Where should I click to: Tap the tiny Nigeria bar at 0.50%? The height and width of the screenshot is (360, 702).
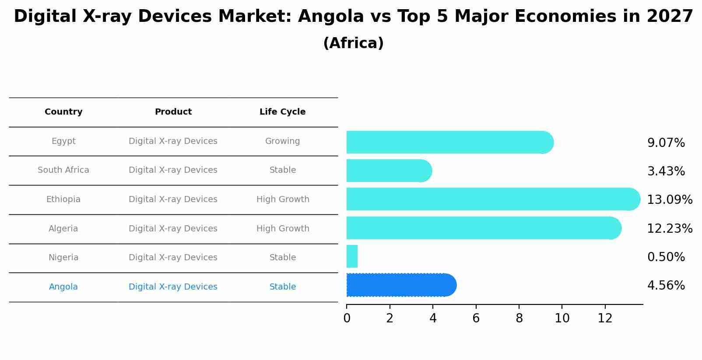tap(352, 256)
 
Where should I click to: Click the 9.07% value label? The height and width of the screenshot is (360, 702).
tap(666, 143)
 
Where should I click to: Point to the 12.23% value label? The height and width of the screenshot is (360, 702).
tap(669, 228)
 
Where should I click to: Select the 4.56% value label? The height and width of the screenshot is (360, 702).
tap(666, 286)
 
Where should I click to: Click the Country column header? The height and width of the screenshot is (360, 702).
tap(63, 112)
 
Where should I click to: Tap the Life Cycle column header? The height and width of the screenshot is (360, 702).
tap(282, 112)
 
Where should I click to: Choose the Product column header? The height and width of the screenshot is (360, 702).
tap(173, 112)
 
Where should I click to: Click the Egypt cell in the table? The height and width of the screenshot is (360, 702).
tap(63, 141)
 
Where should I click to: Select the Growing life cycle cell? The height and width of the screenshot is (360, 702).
tap(282, 141)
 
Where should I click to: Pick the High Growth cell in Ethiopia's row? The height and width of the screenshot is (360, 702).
tap(283, 199)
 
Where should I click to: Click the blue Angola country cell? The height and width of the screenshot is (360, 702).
tap(63, 287)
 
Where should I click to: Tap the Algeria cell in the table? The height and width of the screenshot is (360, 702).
tap(63, 229)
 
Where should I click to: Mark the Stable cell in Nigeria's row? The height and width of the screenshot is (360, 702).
tap(283, 258)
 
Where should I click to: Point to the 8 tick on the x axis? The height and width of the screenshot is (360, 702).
tap(519, 318)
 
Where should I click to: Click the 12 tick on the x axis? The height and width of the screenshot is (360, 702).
tap(605, 318)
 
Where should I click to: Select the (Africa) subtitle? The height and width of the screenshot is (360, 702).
tap(353, 43)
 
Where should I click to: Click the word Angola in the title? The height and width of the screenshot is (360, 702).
tap(330, 17)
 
